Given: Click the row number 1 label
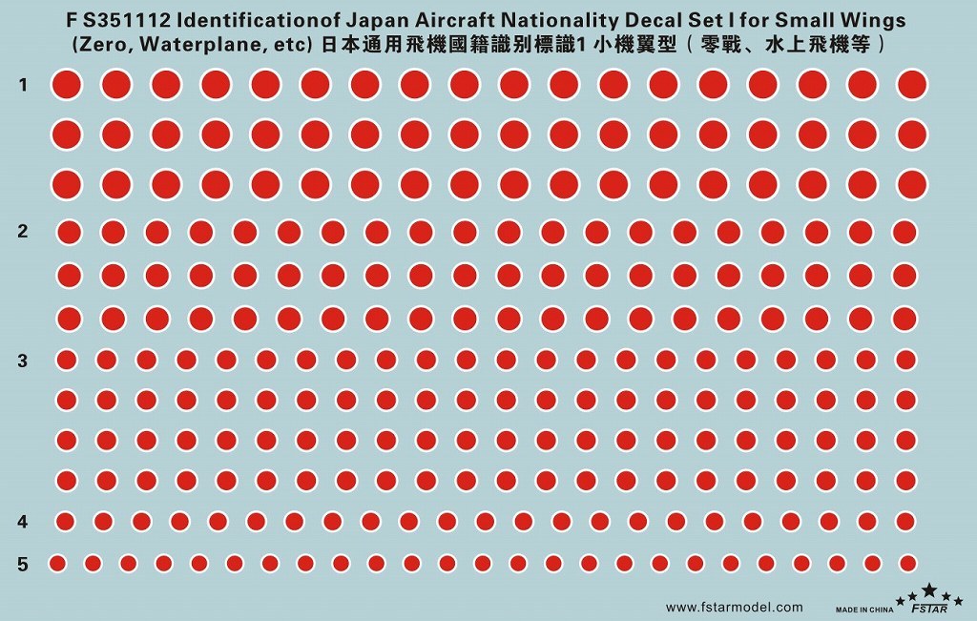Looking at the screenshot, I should tap(23, 86).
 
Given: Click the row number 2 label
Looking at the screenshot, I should tap(23, 231).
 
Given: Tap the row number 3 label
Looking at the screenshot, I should tap(23, 361).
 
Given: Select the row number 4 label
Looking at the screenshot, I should tap(23, 522).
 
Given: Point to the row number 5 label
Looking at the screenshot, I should tap(23, 564).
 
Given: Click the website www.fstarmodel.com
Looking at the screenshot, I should tap(734, 607).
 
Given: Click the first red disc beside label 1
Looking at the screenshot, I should tap(66, 85).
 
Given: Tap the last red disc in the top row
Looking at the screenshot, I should tap(912, 85).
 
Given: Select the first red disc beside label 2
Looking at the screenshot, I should tap(69, 232).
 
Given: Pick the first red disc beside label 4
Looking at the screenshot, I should tap(66, 521).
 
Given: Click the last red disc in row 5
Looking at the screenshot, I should tap(906, 563).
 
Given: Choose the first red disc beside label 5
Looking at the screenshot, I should tap(57, 563).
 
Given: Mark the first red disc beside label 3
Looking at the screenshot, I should tap(67, 360).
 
